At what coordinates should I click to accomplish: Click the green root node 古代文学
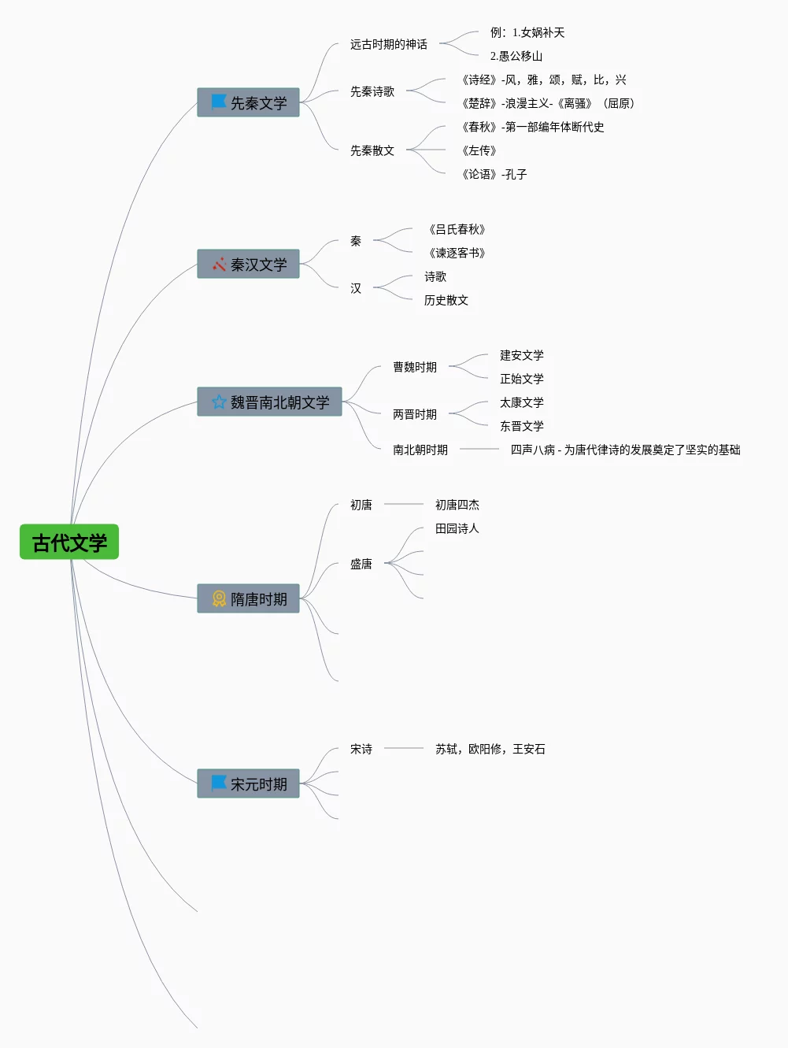click(69, 543)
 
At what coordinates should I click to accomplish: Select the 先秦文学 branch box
click(248, 103)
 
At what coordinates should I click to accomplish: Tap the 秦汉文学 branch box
click(248, 265)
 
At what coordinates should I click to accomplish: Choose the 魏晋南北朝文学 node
click(269, 402)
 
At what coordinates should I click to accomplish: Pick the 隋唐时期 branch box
click(248, 599)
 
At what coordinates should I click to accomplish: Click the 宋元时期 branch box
click(248, 784)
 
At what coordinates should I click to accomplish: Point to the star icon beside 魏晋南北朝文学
click(219, 402)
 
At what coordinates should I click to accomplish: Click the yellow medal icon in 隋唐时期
click(219, 599)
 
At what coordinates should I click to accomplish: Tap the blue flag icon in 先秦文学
click(219, 102)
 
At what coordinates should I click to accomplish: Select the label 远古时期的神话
click(389, 44)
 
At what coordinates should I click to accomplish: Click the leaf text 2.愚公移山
click(516, 56)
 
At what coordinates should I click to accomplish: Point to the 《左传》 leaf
click(479, 150)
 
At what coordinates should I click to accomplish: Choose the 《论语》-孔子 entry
click(494, 174)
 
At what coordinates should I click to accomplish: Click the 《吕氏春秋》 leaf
click(457, 229)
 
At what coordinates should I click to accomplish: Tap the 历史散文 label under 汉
click(446, 300)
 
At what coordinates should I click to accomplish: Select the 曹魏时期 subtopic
click(415, 367)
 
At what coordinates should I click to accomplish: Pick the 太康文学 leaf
click(522, 402)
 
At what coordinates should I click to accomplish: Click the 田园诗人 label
click(457, 528)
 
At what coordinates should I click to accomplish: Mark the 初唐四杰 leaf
click(457, 505)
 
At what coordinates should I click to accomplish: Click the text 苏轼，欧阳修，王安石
click(490, 749)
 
